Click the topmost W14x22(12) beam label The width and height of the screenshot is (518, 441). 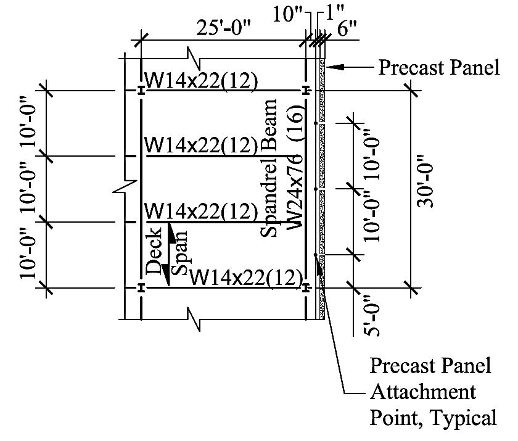200,80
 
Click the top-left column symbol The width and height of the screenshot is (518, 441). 141,91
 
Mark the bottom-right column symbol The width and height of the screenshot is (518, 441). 306,287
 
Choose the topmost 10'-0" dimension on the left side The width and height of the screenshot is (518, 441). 30,123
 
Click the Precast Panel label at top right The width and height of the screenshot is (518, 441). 438,67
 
